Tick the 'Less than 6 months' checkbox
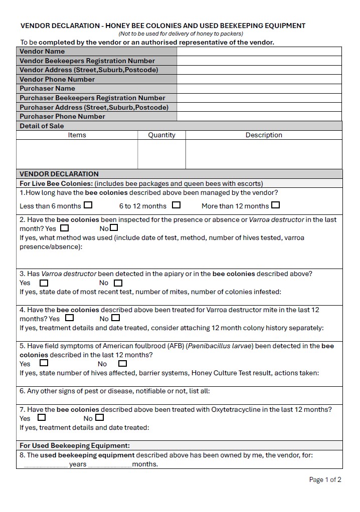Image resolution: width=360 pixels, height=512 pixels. tap(88, 205)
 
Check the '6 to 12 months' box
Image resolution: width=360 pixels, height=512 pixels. tap(176, 205)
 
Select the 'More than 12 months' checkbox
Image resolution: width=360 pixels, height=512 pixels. tap(275, 205)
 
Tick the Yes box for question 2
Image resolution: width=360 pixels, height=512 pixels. tap(64, 228)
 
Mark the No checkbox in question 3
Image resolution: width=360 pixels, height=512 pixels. tap(118, 283)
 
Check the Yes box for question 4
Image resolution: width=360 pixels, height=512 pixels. tap(69, 318)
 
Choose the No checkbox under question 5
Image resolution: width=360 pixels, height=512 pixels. tap(122, 363)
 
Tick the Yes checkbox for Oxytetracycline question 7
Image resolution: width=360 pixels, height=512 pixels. tap(42, 417)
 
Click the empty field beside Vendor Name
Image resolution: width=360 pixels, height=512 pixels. tap(259, 51)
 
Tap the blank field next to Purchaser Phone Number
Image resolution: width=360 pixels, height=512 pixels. tap(259, 116)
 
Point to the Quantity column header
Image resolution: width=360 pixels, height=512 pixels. tap(161, 135)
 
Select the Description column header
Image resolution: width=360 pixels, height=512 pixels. tap(264, 135)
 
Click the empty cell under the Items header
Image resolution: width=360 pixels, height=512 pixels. tap(77, 154)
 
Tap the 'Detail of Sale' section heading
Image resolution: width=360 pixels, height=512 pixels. tap(42, 126)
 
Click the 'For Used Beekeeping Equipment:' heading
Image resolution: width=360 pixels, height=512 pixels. tap(75, 445)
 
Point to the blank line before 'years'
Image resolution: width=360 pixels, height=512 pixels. tap(46, 464)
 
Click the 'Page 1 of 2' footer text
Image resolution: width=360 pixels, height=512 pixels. tap(325, 479)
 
